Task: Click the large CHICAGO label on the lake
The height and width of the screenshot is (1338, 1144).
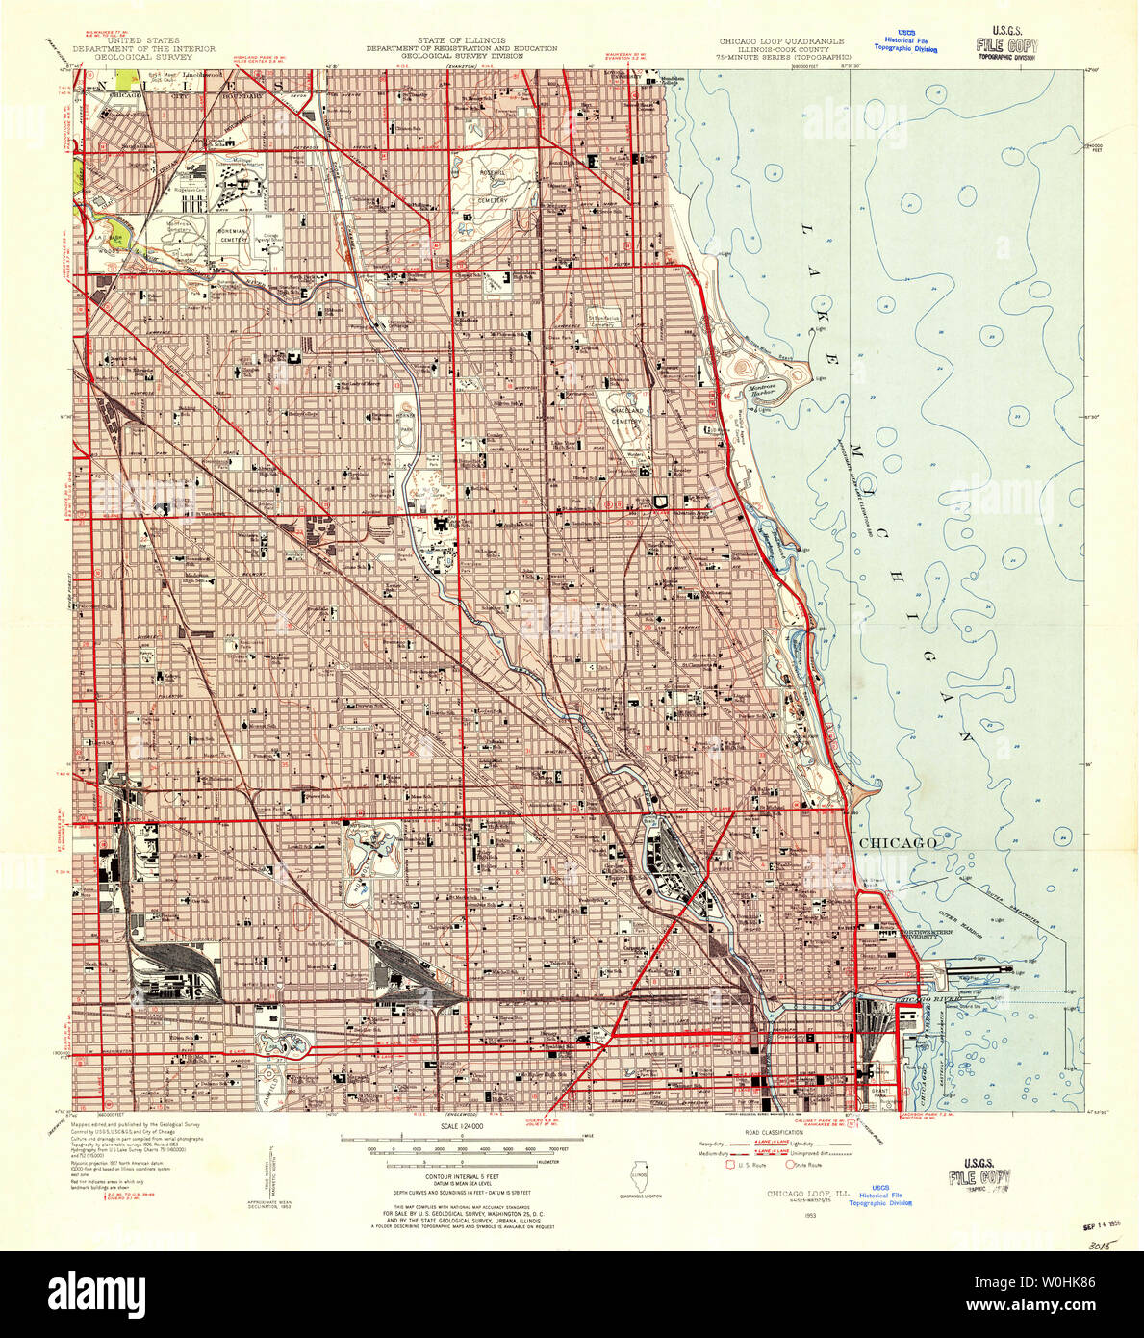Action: point(897,843)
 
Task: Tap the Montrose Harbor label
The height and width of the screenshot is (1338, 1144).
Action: point(762,391)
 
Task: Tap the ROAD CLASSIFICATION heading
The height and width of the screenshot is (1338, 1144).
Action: point(765,1132)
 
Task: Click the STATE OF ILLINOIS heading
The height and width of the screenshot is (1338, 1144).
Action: point(461,42)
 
